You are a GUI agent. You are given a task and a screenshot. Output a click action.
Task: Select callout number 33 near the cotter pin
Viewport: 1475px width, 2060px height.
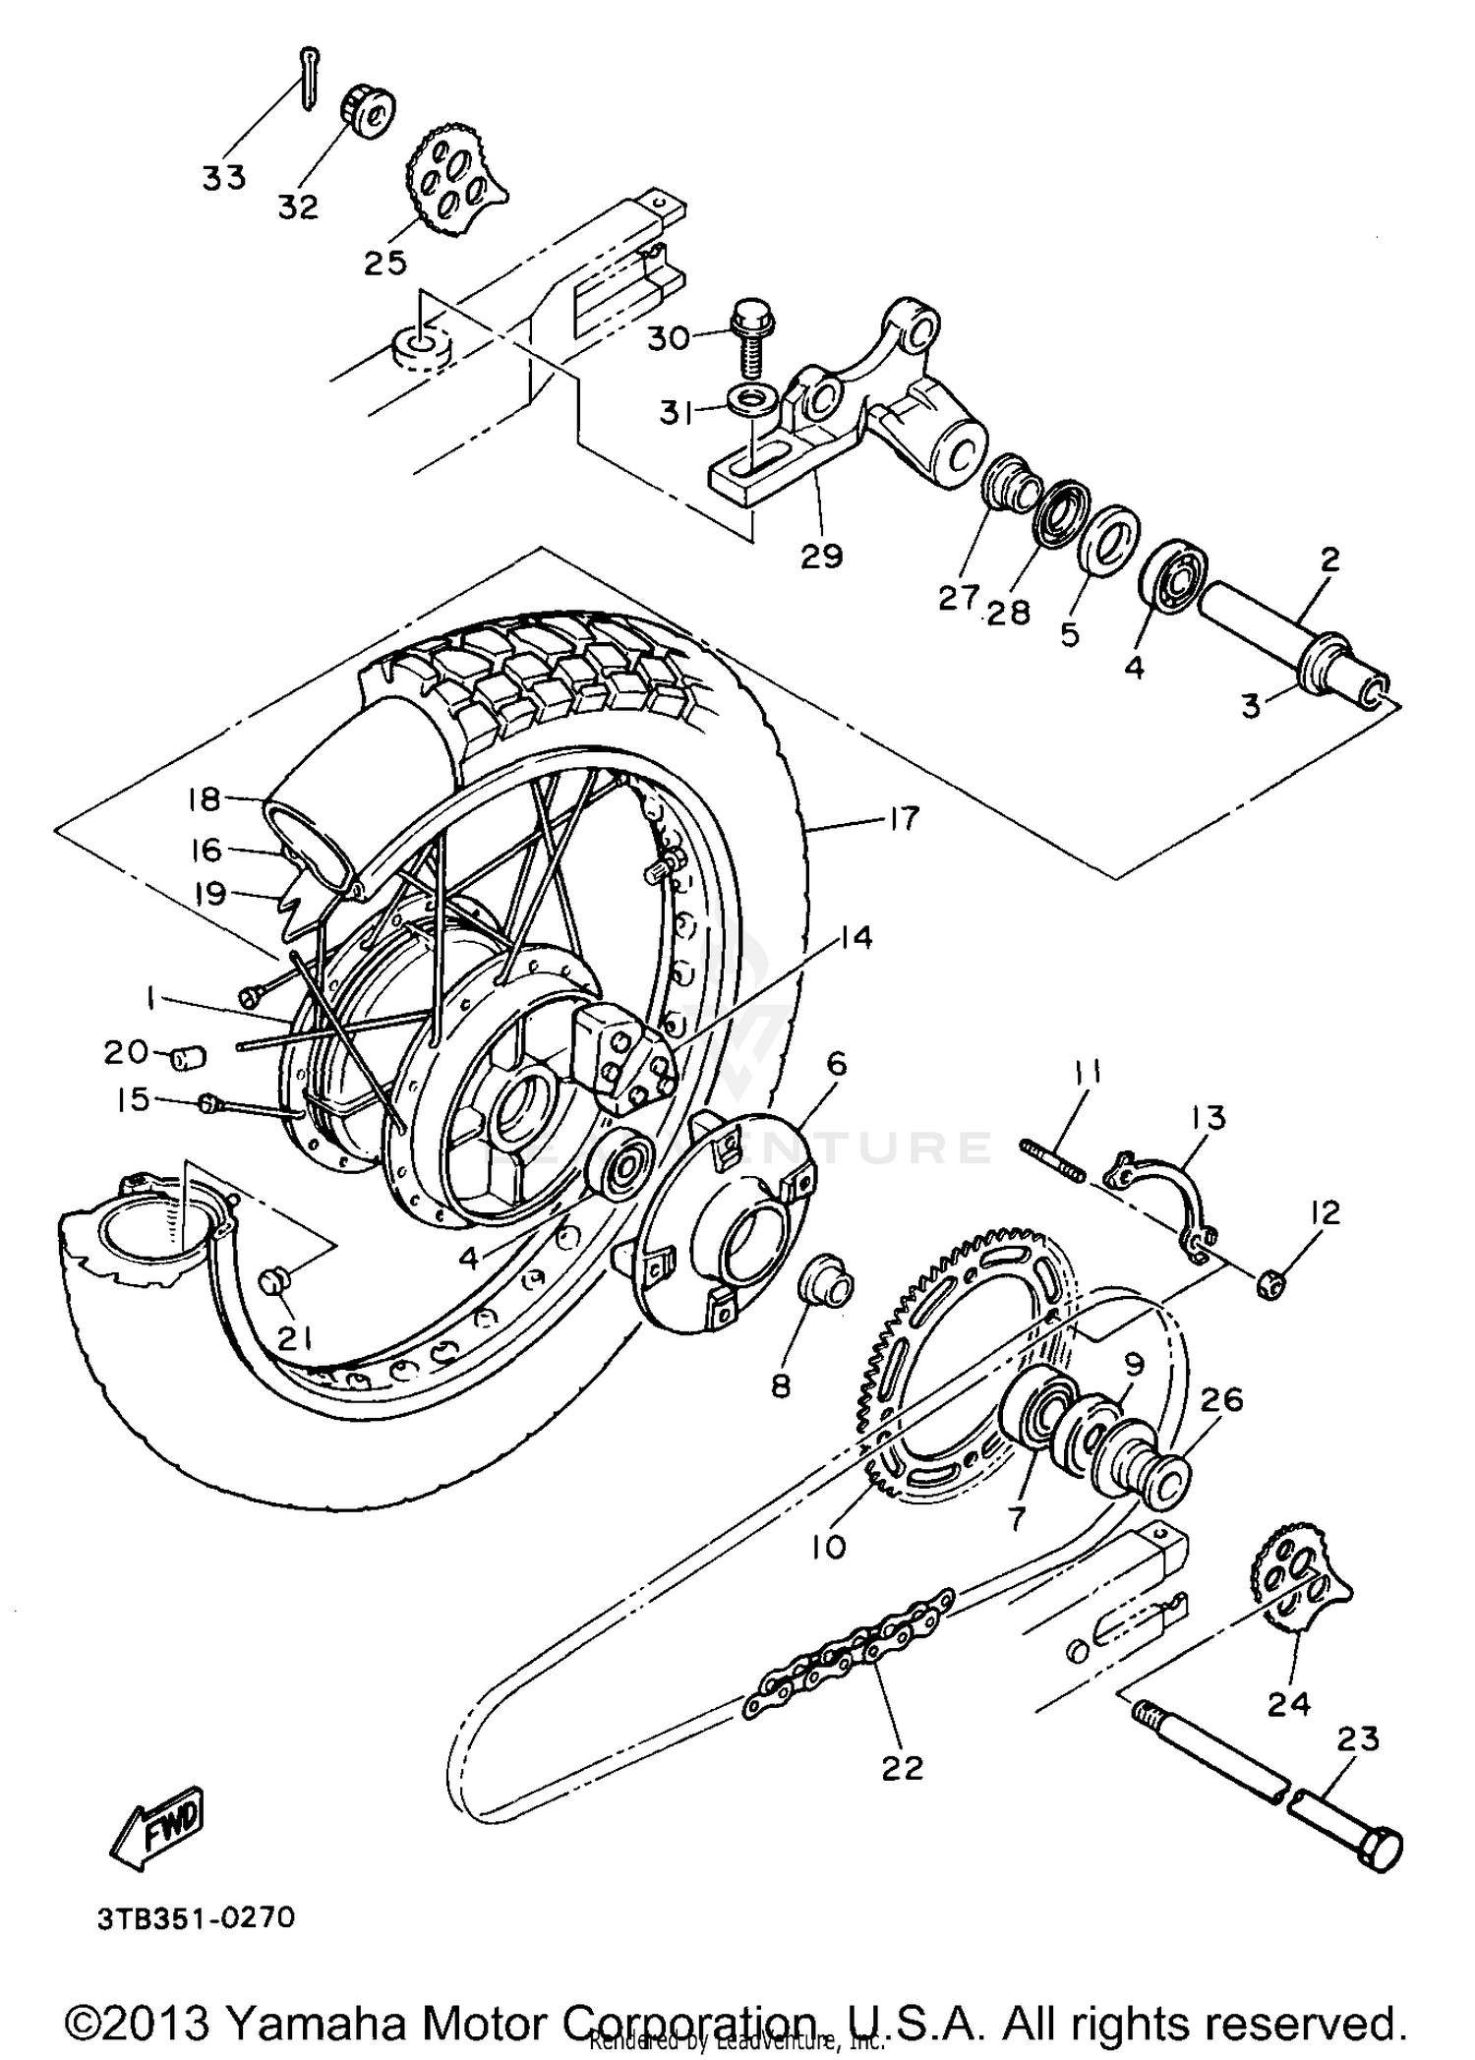click(x=224, y=179)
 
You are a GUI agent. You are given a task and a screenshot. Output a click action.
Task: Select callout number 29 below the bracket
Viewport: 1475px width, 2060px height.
click(x=822, y=556)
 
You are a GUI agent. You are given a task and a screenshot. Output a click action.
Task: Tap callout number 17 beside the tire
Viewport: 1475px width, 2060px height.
click(x=902, y=819)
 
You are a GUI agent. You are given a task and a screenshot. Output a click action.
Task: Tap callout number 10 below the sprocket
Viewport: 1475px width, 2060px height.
click(x=829, y=1547)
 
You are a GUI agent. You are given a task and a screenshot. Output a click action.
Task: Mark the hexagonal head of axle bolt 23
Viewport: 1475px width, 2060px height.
click(x=1383, y=1850)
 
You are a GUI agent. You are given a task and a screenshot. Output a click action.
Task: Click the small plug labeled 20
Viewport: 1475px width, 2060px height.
click(x=186, y=1058)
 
